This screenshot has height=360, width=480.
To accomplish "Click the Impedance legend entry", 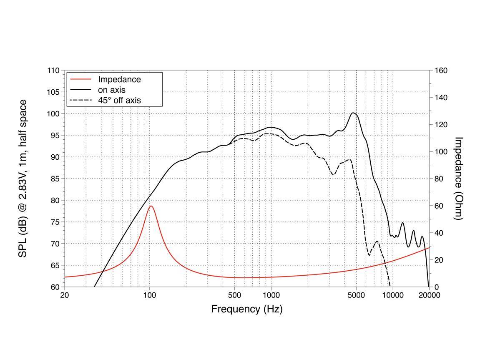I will click(119, 79).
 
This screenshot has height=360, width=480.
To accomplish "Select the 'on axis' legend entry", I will click(112, 90).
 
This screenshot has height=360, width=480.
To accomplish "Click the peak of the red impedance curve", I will click(151, 206).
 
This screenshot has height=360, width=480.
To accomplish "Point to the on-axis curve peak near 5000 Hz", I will click(353, 113).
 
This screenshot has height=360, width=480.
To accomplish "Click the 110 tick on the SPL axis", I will click(53, 70).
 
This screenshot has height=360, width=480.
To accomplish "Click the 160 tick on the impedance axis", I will click(440, 70).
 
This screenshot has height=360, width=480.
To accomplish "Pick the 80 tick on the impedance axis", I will click(439, 179).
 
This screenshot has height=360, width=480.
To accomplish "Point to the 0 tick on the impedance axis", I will click(437, 287).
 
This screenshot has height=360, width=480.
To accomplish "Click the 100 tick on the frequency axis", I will click(150, 295).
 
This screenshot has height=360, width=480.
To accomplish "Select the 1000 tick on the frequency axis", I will click(271, 295).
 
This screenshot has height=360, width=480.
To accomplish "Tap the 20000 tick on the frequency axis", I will click(430, 295).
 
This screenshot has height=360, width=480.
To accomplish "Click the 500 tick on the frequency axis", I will click(235, 295).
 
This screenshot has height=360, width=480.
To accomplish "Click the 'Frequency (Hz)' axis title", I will click(246, 309).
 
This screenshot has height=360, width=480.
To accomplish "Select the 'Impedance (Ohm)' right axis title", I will click(459, 179).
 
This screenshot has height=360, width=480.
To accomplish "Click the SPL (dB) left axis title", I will click(23, 179).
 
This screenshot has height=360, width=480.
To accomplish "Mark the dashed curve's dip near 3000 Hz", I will click(333, 174).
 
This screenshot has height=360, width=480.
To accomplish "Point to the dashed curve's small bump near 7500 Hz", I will click(377, 241).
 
